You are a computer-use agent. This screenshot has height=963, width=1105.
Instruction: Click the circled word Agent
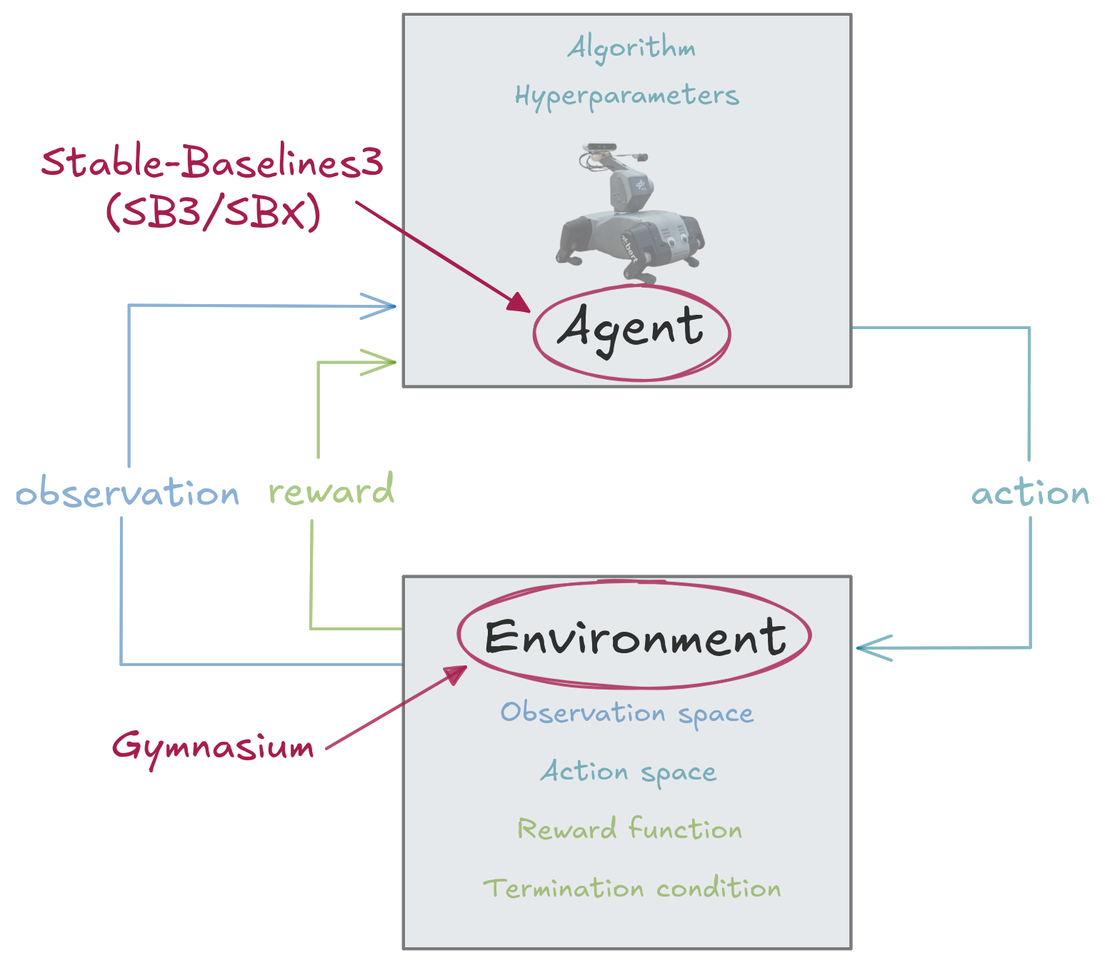631,330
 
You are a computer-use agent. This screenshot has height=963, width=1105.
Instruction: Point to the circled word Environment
634,636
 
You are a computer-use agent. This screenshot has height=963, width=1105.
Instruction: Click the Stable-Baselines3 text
212,163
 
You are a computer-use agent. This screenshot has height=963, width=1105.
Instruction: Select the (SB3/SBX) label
213,212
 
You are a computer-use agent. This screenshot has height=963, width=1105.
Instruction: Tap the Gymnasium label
213,747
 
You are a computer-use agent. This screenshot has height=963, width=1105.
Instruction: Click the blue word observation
127,493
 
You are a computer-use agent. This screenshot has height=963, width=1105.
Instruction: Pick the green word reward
331,491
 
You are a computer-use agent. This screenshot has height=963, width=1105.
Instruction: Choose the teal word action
1030,493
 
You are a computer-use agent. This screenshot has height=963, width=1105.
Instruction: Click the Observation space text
626,713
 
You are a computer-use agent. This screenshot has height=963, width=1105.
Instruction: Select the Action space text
628,772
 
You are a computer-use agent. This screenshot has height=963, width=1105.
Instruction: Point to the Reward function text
629,830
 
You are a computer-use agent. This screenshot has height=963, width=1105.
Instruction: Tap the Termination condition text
631,889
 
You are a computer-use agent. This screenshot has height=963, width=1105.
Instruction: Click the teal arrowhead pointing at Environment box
868,648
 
